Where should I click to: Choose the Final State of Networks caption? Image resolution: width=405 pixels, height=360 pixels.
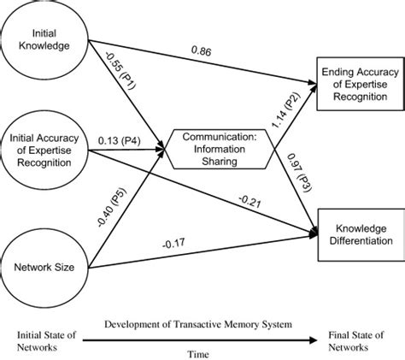pos(350,341)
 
